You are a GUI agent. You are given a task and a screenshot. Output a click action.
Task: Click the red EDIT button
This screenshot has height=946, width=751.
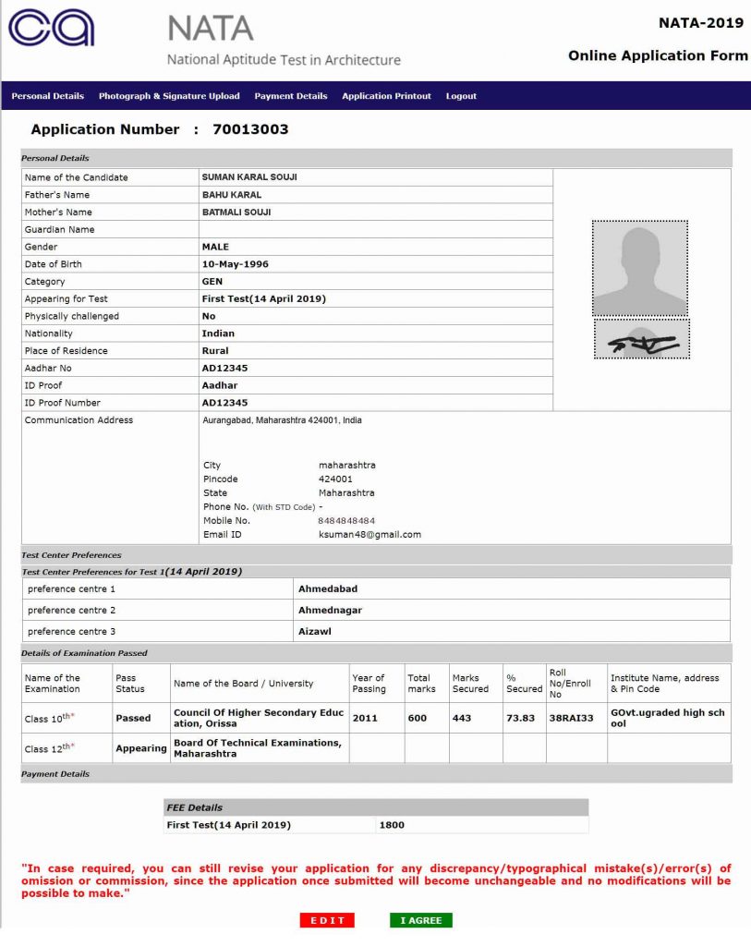pos(327,920)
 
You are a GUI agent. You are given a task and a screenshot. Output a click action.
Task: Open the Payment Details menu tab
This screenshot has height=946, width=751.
pos(291,96)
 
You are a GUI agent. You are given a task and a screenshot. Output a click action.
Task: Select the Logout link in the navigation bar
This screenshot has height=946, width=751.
pos(461,96)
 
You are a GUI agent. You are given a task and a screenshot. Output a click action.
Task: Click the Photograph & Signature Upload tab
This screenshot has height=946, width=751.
pos(169,96)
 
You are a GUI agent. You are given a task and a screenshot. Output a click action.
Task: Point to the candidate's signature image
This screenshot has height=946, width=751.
pos(642,340)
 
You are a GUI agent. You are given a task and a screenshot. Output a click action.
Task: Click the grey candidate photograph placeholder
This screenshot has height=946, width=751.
pos(640,268)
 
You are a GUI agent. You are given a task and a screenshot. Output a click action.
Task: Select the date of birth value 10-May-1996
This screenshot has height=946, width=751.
pos(235,264)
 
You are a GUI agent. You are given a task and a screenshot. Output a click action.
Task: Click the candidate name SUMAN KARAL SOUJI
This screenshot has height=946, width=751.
pos(249,177)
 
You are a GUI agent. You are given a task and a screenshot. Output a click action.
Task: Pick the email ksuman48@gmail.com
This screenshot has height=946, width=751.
pos(369,535)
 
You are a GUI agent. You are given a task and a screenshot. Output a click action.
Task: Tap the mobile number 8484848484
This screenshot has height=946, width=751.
pos(346,521)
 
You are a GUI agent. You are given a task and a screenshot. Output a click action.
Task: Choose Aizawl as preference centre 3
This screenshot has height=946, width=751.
pos(315,632)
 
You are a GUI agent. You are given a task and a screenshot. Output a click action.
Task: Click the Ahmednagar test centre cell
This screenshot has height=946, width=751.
pos(330,611)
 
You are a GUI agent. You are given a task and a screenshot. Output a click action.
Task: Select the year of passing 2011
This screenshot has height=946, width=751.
pos(365,718)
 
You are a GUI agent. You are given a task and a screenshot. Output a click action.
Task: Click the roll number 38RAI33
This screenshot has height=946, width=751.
pos(571,718)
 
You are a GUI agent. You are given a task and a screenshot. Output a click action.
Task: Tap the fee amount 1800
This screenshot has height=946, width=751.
pos(392,825)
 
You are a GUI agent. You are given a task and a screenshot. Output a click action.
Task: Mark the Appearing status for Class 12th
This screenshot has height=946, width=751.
pos(141,748)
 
